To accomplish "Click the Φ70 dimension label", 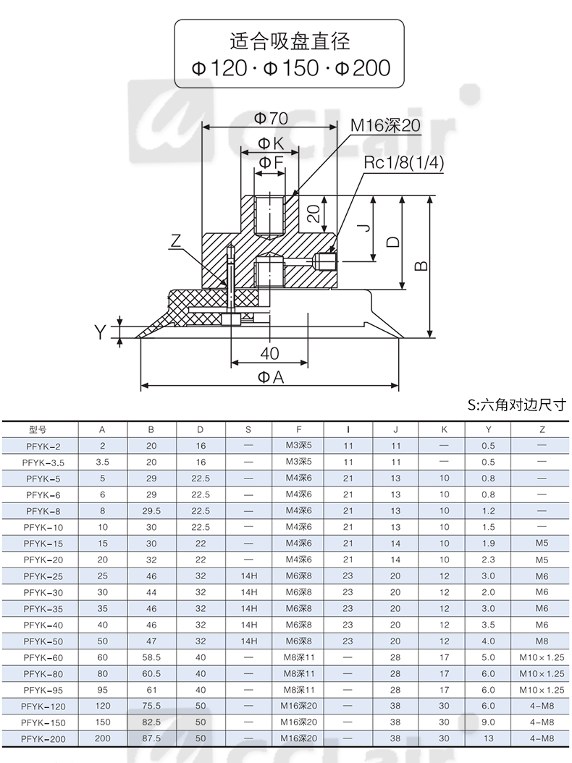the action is coord(271,118).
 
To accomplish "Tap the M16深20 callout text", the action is coord(385,125).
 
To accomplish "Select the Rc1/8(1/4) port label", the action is coord(404,163).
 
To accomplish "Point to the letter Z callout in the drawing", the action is coord(176,240).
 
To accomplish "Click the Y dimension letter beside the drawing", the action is coord(100,332).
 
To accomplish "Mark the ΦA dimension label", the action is coord(271,376).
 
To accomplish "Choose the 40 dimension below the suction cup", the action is coord(269,353).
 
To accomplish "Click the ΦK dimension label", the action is coord(271,143).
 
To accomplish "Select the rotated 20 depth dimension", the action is coord(314,213).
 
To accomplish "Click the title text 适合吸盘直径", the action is coord(290,41).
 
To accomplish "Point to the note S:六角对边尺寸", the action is coord(517,405).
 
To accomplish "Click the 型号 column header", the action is coord(38,430).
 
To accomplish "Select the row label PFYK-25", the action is coord(43,577).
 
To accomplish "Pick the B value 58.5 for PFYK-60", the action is coord(151,657).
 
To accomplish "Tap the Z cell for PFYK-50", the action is coord(542,641).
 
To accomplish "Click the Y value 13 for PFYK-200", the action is coord(488,738).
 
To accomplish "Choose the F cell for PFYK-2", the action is coord(298,445).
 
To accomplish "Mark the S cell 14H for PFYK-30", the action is coord(249,592).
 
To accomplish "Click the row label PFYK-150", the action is coord(43,722).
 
